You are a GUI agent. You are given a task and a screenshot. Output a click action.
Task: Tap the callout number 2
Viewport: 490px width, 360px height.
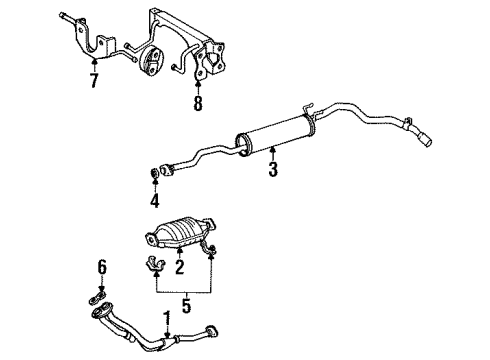180,267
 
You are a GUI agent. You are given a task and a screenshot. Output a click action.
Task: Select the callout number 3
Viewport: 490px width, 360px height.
273,169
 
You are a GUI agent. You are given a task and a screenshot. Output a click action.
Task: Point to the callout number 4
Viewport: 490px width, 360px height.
155,201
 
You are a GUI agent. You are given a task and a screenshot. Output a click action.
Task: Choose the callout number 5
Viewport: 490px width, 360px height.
186,306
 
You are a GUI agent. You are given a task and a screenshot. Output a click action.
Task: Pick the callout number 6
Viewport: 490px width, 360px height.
102,268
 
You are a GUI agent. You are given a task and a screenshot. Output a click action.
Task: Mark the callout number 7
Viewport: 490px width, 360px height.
94,80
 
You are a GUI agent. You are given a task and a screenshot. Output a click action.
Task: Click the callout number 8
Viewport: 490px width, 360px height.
198,103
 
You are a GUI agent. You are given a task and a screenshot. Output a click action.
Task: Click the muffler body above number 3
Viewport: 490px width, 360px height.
275,135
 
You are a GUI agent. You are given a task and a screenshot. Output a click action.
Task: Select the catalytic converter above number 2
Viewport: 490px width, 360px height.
180,233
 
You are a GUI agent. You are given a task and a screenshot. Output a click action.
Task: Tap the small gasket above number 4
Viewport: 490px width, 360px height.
154,173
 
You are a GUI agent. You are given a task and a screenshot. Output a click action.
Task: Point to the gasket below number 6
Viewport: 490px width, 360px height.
97,297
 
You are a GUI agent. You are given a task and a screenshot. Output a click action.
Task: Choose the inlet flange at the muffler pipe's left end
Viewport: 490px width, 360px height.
166,170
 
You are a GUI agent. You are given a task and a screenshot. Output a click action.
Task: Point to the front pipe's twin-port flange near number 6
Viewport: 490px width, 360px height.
102,311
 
